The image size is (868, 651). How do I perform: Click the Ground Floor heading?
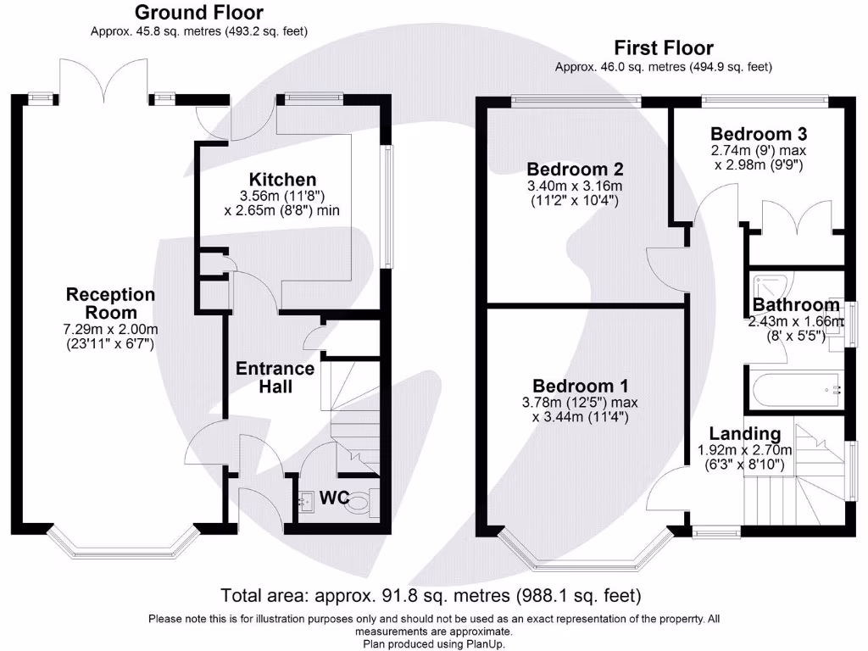coord(199,13)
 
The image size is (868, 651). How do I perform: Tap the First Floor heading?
coord(664,48)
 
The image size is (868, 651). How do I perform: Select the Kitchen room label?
coord(282,180)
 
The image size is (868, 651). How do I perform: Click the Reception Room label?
coord(111,303)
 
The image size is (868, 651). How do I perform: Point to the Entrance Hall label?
coord(275,377)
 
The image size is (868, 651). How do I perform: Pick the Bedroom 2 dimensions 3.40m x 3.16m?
coord(575,186)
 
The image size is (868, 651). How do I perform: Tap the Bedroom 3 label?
coord(758,134)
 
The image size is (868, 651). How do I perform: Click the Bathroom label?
coord(796,305)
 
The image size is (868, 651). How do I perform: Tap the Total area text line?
coord(431,594)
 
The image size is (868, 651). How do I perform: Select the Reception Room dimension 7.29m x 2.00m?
coord(111,329)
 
